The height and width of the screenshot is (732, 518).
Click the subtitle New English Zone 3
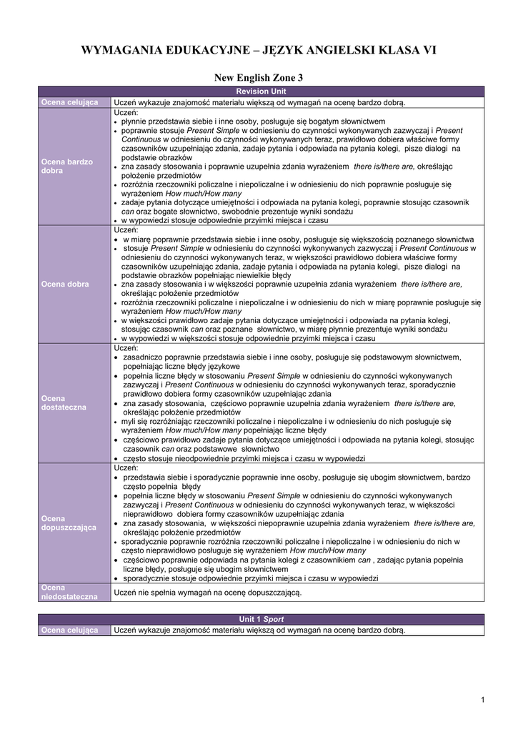coord(259,77)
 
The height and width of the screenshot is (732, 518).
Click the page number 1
coord(483,699)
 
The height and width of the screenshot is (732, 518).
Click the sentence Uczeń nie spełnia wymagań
coord(208,593)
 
